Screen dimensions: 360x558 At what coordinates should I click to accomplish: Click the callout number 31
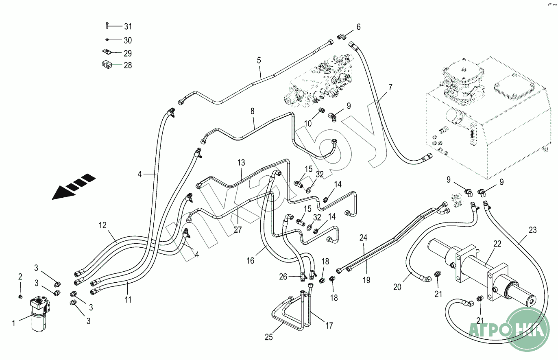pyautogui.click(x=128, y=27)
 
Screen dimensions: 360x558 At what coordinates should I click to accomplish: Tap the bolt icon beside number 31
pyautogui.click(x=106, y=26)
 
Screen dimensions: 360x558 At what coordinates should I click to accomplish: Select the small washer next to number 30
pyautogui.click(x=106, y=40)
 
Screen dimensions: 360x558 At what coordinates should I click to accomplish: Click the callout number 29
pyautogui.click(x=128, y=53)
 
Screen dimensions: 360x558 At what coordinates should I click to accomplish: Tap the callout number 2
pyautogui.click(x=20, y=277)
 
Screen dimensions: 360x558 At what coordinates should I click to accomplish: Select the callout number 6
pyautogui.click(x=358, y=27)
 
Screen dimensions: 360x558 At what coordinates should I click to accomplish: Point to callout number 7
pyautogui.click(x=390, y=87)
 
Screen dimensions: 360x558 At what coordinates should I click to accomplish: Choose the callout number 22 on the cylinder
pyautogui.click(x=497, y=244)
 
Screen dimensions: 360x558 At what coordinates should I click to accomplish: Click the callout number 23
pyautogui.click(x=533, y=230)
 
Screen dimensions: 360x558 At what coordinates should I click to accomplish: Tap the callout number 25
pyautogui.click(x=269, y=337)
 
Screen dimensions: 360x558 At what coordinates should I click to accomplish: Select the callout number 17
pyautogui.click(x=329, y=325)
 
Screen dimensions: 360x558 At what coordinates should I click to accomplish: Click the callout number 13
pyautogui.click(x=241, y=163)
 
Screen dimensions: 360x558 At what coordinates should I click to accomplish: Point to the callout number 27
pyautogui.click(x=238, y=230)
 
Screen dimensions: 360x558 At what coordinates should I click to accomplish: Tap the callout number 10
pyautogui.click(x=308, y=123)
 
